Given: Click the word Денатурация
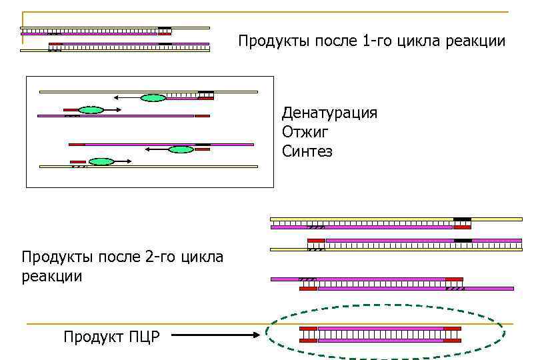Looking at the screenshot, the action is [x=329, y=113].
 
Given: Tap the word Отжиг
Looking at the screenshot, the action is [x=306, y=132].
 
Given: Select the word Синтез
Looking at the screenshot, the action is [x=307, y=151].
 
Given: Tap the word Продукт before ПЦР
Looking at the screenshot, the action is [x=92, y=337].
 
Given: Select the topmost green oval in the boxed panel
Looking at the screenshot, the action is [x=153, y=98].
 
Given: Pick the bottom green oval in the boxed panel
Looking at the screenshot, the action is [x=101, y=161].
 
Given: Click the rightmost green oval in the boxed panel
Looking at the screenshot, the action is [x=181, y=149].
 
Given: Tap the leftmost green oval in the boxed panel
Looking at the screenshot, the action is [x=91, y=110].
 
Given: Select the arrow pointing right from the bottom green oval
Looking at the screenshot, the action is [x=123, y=161].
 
